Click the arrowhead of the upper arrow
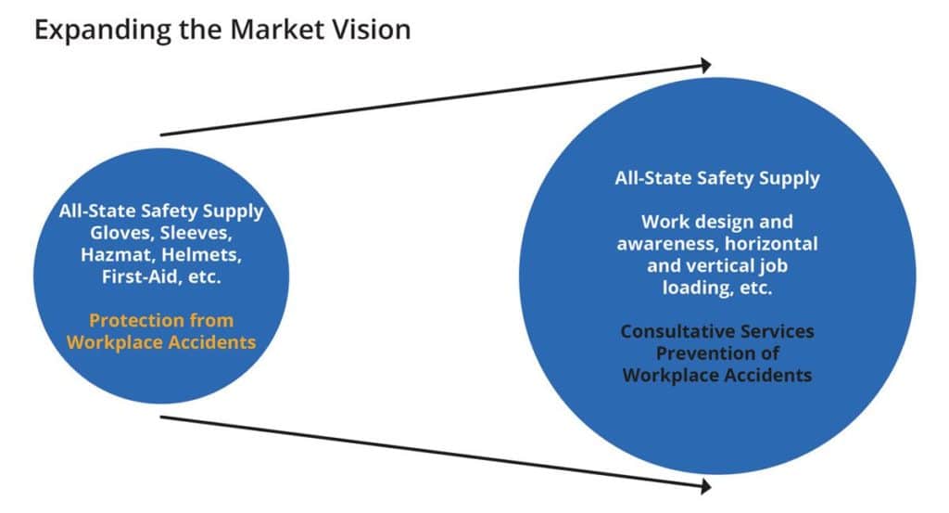tap(705, 65)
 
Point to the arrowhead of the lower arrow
tap(705, 485)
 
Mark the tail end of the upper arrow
tap(163, 135)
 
